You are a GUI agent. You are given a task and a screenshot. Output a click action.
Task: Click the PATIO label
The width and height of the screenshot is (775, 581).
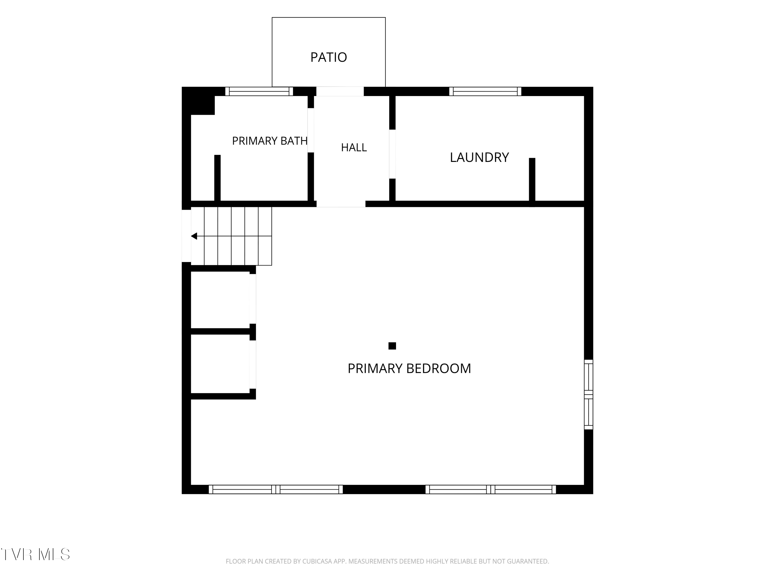tap(329, 57)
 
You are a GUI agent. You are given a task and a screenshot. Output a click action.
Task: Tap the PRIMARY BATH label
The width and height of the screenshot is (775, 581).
tap(270, 141)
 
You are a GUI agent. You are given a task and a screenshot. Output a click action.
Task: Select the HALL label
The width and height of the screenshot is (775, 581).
tap(354, 147)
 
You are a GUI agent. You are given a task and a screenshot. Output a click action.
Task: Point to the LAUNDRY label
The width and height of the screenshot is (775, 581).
tap(479, 157)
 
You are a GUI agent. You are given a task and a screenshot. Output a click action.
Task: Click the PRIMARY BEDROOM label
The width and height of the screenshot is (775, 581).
tap(409, 368)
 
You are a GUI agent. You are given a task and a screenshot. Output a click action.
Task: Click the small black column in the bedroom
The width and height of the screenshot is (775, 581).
tap(392, 346)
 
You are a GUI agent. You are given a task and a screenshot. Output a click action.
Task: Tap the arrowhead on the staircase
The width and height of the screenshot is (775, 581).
tap(194, 236)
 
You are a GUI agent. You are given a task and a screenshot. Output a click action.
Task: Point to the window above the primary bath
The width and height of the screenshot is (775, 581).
tap(259, 91)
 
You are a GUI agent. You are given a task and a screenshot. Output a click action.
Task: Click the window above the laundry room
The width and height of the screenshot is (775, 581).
tap(485, 91)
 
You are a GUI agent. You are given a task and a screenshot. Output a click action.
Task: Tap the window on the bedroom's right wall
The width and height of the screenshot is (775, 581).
tap(588, 394)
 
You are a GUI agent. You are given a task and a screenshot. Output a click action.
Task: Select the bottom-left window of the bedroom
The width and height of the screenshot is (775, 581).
tap(276, 489)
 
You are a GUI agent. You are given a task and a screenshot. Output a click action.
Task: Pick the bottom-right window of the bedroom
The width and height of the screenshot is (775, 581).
tap(491, 489)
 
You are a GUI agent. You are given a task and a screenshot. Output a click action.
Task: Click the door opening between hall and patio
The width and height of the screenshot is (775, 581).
tap(340, 91)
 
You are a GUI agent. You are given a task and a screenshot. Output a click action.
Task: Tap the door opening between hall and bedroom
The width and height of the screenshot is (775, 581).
tap(341, 204)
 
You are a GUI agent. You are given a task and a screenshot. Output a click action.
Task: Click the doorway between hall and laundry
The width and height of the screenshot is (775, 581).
tap(392, 154)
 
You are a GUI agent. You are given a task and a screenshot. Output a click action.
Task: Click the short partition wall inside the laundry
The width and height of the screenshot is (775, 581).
tap(532, 182)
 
